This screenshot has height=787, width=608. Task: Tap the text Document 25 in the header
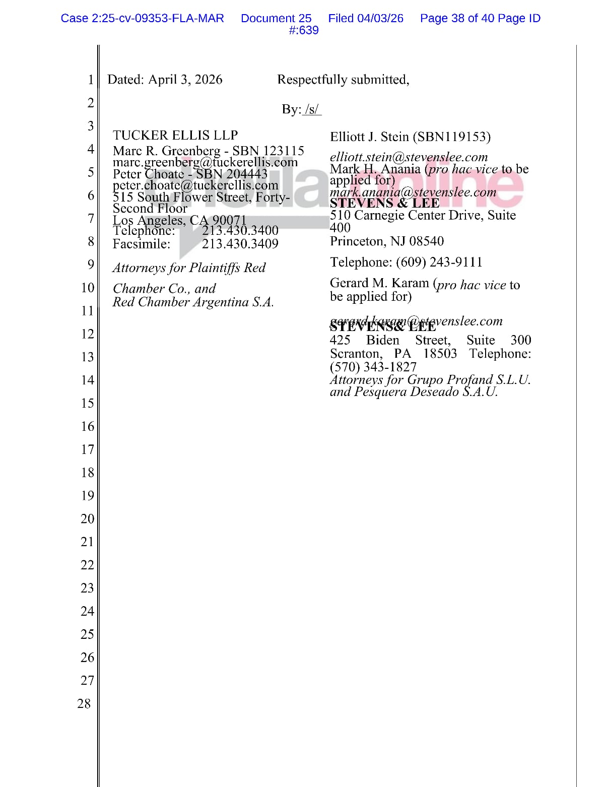tap(276, 19)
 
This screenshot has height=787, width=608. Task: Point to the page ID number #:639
tap(304, 31)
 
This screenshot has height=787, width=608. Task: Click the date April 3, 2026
tap(185, 80)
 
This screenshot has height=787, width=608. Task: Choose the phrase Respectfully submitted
tap(343, 80)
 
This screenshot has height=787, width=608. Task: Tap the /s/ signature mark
tap(312, 110)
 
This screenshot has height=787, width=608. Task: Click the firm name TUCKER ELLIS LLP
tap(175, 136)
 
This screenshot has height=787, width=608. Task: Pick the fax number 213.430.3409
tap(240, 244)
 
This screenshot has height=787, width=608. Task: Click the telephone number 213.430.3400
tap(240, 231)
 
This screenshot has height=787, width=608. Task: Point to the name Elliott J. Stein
tap(369, 137)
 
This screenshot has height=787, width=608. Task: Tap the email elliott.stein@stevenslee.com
tap(409, 157)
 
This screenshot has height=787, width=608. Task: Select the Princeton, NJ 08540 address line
tap(387, 241)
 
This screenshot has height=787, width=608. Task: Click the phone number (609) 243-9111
tap(439, 262)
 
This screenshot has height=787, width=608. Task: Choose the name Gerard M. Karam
tap(379, 284)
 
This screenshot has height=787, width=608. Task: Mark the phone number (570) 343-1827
tap(373, 367)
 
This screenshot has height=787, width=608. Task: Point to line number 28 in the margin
tap(84, 703)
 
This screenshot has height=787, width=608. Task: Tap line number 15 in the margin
tap(87, 403)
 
